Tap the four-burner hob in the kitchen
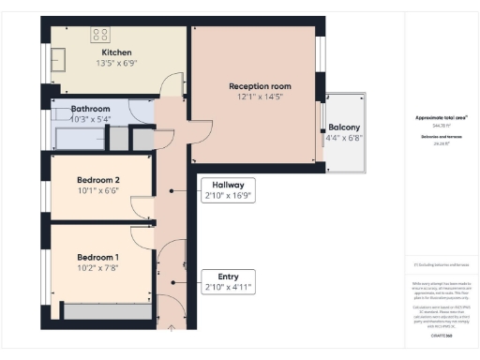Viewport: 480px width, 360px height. coord(99,34)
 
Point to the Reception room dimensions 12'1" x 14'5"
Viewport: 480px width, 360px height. coord(260,97)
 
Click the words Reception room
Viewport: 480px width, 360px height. coord(260,85)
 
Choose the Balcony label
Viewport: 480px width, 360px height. coord(344,127)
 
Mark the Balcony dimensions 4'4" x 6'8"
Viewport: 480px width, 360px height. coord(344,138)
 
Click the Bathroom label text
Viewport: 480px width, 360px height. coord(90,109)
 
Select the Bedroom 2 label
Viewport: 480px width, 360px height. coord(98,180)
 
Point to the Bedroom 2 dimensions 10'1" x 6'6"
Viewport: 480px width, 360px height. coord(98,191)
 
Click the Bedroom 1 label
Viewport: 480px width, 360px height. coord(98,257)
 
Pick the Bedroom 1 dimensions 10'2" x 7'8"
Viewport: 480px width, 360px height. coord(98,268)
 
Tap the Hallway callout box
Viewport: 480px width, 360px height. coord(228,190)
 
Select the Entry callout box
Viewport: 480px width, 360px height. coord(228,282)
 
